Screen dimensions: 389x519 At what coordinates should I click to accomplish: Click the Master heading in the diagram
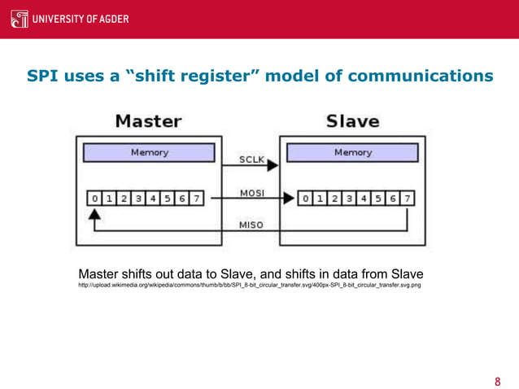pyautogui.click(x=147, y=121)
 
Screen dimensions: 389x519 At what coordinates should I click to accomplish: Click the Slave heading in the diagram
pyautogui.click(x=352, y=121)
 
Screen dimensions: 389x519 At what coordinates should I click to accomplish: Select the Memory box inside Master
pyautogui.click(x=150, y=152)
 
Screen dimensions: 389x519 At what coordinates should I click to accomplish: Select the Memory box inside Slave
pyautogui.click(x=353, y=152)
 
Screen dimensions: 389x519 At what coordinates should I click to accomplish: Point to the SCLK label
pyautogui.click(x=251, y=160)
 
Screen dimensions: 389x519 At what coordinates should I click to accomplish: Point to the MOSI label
pyautogui.click(x=251, y=193)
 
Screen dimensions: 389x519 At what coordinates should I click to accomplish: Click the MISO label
pyautogui.click(x=251, y=225)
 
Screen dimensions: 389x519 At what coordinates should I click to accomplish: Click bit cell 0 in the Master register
pyautogui.click(x=95, y=198)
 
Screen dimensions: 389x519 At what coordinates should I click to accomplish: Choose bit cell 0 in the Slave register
pyautogui.click(x=303, y=198)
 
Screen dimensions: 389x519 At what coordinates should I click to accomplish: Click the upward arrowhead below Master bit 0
pyautogui.click(x=94, y=214)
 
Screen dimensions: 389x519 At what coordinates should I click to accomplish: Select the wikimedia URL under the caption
pyautogui.click(x=250, y=286)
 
